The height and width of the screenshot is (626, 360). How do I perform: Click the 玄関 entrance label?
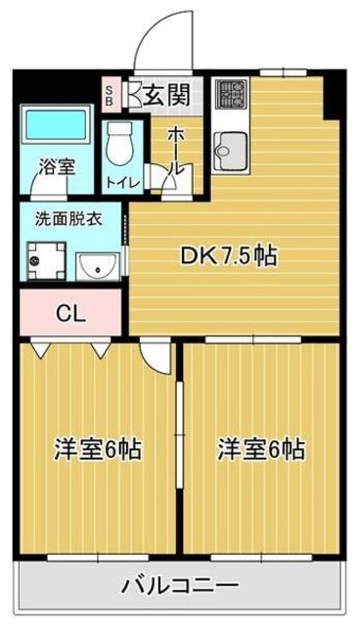click(166, 96)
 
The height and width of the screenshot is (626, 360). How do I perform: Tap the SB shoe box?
click(109, 94)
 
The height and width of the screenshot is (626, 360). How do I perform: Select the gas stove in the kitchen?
click(231, 94)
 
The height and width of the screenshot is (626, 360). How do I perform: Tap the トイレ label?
click(123, 183)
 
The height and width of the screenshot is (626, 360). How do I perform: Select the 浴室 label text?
click(57, 167)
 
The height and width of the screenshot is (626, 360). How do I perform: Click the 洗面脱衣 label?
click(68, 219)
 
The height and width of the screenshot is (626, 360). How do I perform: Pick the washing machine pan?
click(46, 261)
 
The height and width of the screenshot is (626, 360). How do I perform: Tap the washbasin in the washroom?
click(98, 266)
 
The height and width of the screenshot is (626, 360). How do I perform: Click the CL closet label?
click(70, 314)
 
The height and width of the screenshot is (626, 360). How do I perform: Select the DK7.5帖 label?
click(229, 256)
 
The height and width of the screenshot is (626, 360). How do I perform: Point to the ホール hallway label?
click(176, 152)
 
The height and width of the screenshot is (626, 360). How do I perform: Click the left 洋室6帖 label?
click(98, 449)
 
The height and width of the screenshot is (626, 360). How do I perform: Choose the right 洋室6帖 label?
click(261, 449)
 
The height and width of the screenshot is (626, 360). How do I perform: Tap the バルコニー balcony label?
click(180, 586)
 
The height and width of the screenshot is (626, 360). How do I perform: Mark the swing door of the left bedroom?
click(157, 355)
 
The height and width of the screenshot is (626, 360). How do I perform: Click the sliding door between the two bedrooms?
click(180, 434)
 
